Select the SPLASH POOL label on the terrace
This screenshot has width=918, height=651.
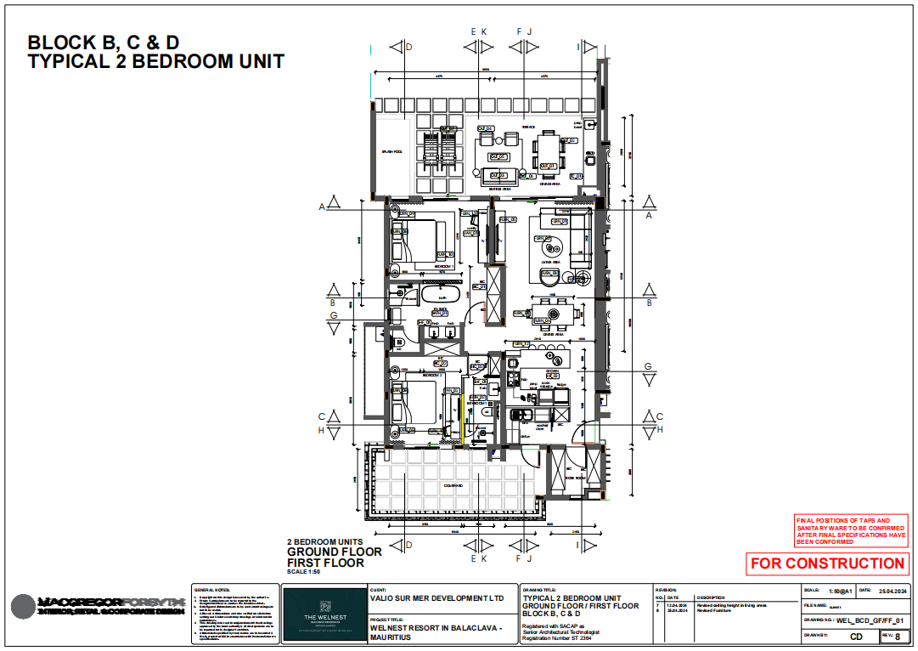click(391, 152)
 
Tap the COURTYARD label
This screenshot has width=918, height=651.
click(453, 486)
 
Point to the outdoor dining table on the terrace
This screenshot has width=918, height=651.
click(549, 152)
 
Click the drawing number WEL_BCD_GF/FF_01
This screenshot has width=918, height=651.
click(876, 621)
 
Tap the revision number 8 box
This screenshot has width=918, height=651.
click(897, 636)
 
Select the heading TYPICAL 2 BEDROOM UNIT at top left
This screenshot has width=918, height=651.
click(155, 61)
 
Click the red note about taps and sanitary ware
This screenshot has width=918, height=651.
click(850, 531)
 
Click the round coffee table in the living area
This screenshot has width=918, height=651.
click(554, 248)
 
